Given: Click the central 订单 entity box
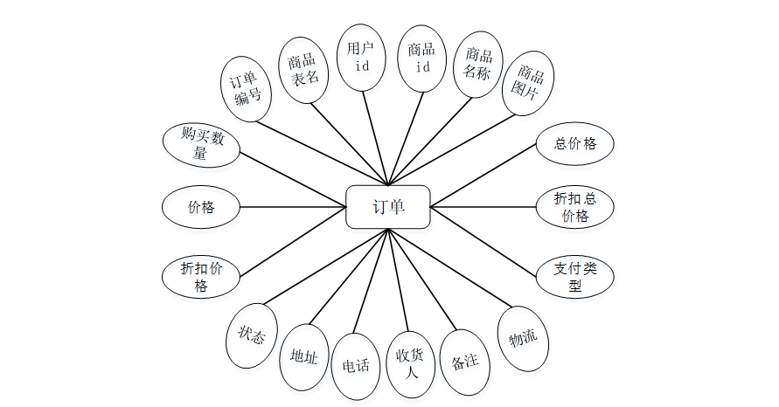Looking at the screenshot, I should (x=387, y=207).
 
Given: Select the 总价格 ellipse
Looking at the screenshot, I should (x=574, y=144).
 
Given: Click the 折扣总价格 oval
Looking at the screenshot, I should (x=574, y=208).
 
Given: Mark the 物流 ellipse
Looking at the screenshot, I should (x=523, y=337).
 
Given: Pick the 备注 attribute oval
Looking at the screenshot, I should (x=464, y=361).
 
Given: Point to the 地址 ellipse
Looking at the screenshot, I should (x=304, y=355).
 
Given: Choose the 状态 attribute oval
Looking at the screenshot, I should (x=252, y=335).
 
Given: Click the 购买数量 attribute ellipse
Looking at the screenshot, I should (x=201, y=144).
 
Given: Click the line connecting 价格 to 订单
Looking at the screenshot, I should (x=293, y=207).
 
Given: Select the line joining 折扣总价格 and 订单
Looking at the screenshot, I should (x=483, y=207).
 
